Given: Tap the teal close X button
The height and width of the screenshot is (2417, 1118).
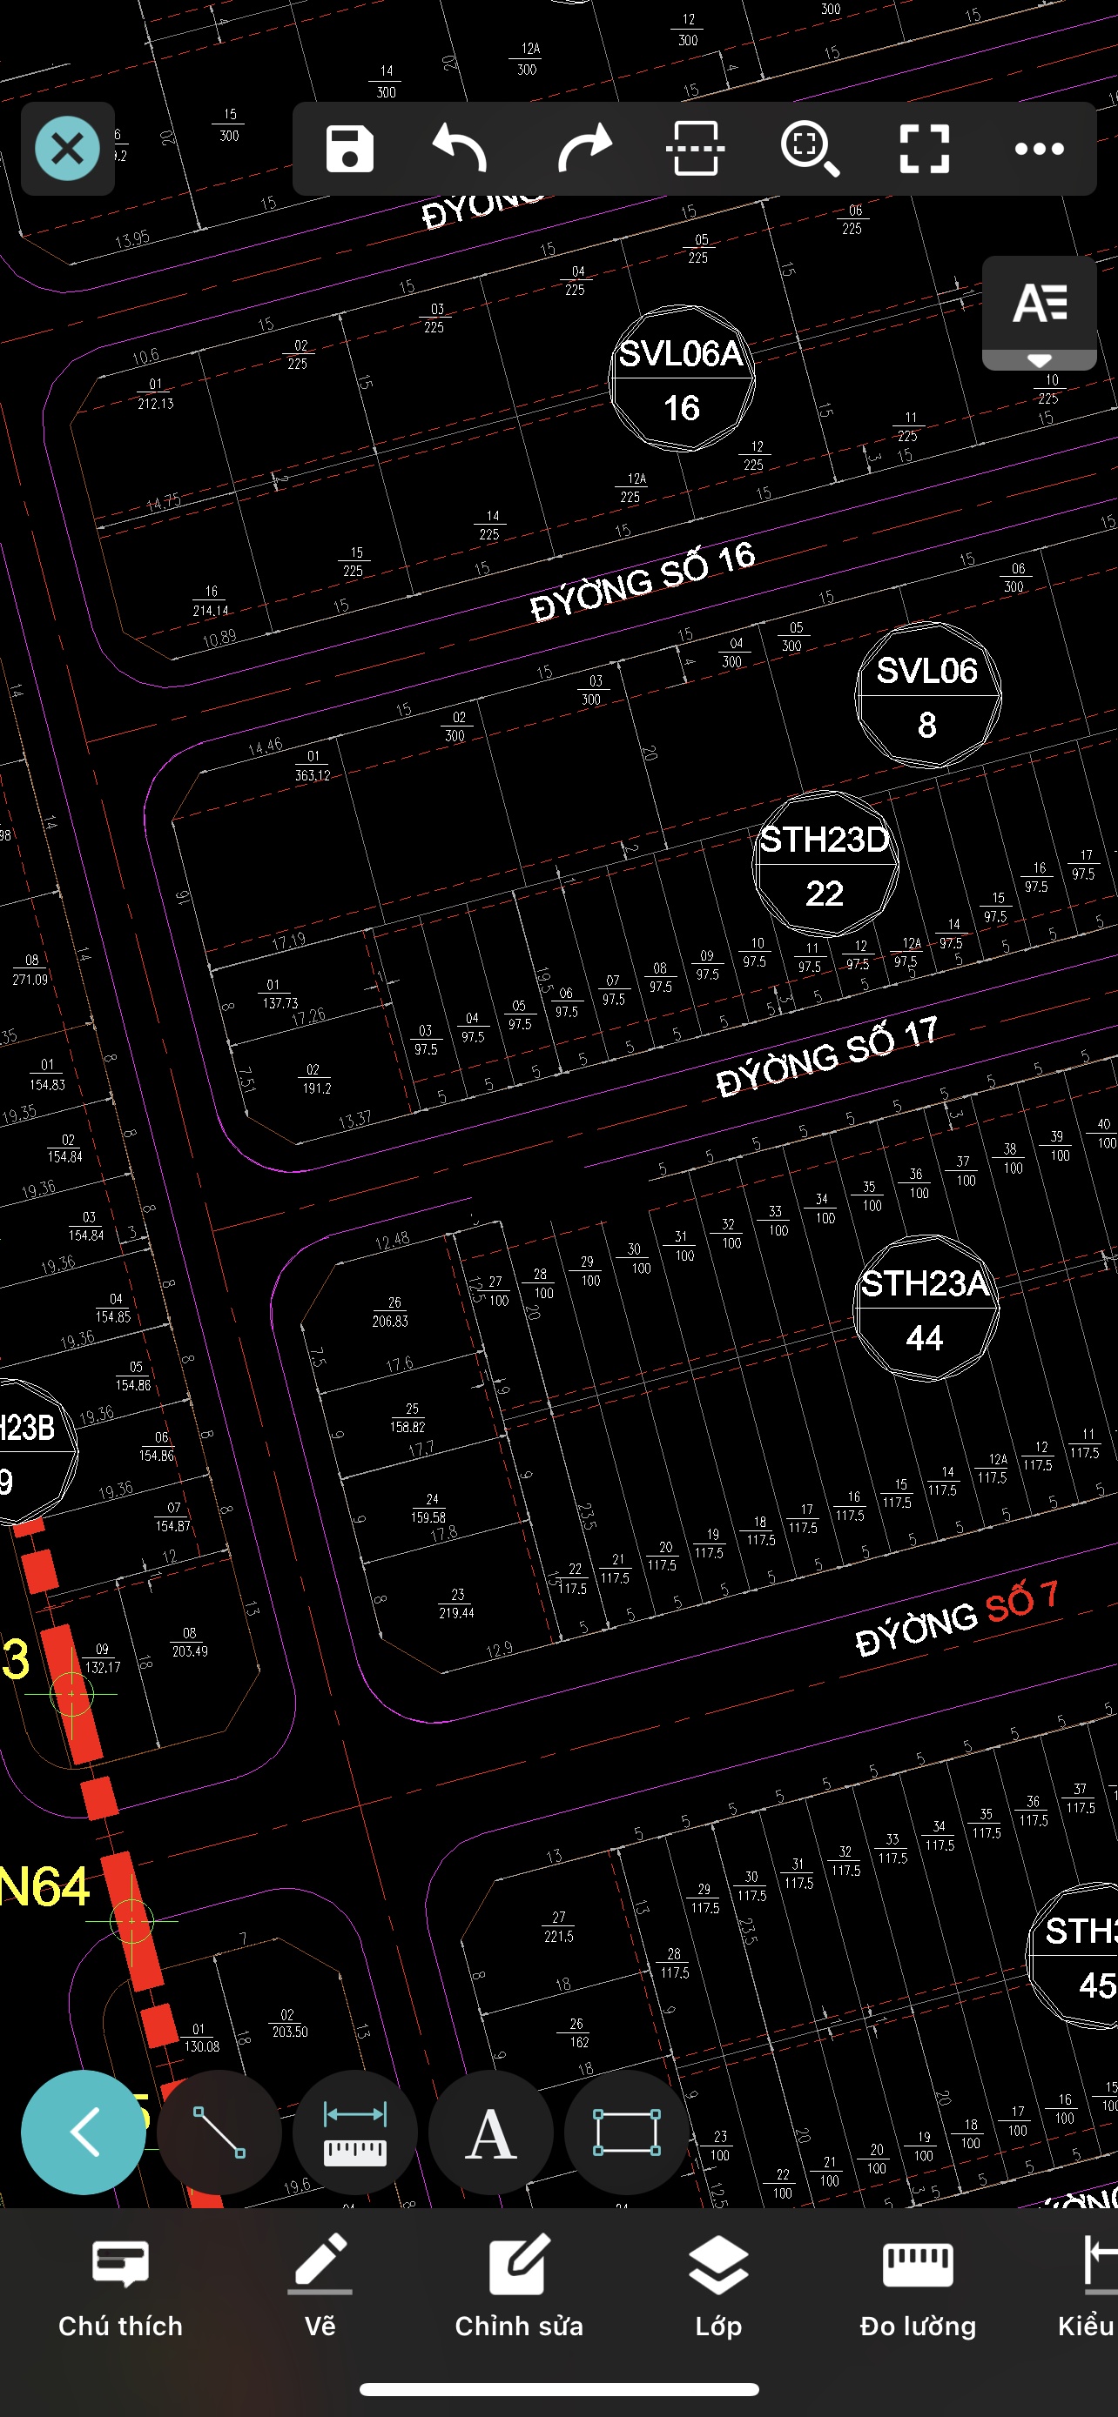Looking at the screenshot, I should tap(68, 148).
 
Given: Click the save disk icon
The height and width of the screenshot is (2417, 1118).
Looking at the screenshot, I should tap(349, 148).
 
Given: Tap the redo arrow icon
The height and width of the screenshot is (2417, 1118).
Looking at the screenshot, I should tap(584, 148).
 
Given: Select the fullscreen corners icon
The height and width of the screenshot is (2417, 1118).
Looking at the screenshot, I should tap(925, 148).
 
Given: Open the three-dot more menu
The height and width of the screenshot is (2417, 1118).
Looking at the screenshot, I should tap(1039, 148).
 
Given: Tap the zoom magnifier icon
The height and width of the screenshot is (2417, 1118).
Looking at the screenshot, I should tap(809, 148).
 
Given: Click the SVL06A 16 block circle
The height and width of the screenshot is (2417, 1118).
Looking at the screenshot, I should tap(682, 379).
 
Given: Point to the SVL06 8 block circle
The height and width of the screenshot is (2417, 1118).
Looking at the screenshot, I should tap(927, 695).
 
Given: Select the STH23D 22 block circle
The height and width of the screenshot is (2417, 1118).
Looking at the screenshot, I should tap(825, 865).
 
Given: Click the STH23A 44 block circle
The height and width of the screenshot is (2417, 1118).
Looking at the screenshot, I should tap(926, 1309).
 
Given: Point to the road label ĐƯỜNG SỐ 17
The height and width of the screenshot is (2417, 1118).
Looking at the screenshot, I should tap(827, 1057).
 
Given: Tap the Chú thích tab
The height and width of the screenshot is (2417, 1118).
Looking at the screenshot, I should tap(120, 2286).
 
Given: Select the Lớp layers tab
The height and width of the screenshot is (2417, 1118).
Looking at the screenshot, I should tap(718, 2286).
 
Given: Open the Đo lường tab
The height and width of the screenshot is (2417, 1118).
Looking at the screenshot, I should tap(917, 2286).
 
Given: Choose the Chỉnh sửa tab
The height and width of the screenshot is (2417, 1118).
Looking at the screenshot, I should tap(519, 2286).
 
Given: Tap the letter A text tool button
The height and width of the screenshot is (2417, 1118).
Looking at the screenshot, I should tap(491, 2132).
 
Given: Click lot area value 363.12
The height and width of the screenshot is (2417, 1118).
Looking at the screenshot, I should tap(313, 775).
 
